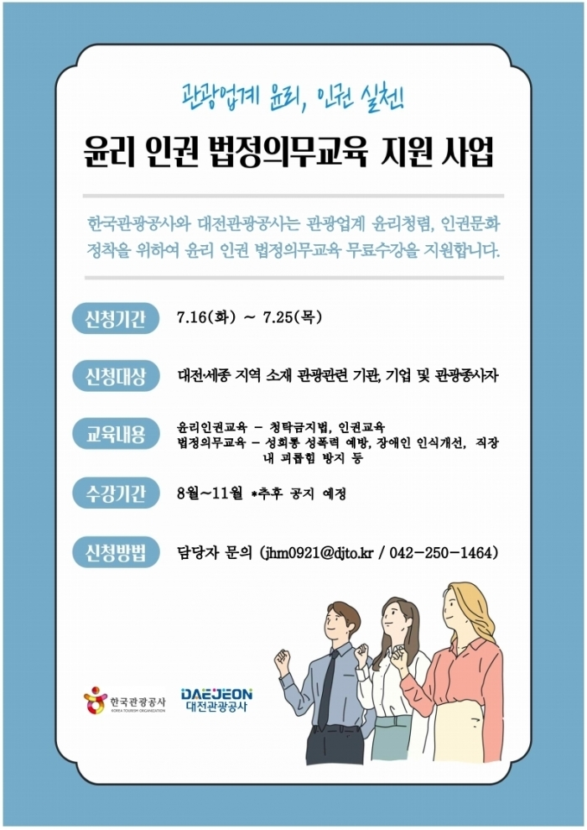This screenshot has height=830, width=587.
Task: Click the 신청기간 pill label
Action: point(116,319)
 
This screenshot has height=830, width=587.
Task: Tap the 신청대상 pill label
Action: point(116,376)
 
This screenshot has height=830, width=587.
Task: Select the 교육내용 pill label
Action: point(116,435)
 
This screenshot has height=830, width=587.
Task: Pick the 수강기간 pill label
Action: point(116,493)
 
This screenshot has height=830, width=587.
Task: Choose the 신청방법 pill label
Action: point(116,552)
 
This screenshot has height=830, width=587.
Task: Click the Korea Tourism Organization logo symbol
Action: point(96,700)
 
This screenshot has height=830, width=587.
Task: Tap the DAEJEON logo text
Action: point(216,694)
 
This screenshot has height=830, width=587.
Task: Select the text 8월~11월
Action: point(210,493)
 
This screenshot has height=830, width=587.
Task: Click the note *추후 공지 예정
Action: point(299,493)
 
